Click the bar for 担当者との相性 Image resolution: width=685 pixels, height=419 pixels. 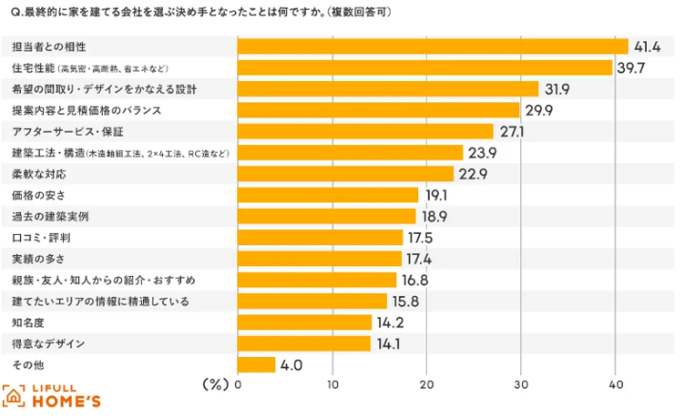433,46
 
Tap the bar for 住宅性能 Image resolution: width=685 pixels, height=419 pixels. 424,67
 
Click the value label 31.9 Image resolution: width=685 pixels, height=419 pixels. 557,88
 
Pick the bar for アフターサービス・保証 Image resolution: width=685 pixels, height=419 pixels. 364,131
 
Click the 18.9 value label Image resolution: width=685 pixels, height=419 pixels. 435,216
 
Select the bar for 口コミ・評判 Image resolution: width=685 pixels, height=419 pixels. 320,237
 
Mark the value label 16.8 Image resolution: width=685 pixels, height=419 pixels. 415,280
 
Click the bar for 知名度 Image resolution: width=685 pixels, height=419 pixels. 304,322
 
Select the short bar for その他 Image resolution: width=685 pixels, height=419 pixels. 256,364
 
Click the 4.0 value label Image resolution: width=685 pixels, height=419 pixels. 291,365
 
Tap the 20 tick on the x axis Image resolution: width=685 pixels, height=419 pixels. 426,384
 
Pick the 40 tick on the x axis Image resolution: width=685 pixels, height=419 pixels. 615,384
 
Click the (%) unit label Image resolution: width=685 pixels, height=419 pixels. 214,384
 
